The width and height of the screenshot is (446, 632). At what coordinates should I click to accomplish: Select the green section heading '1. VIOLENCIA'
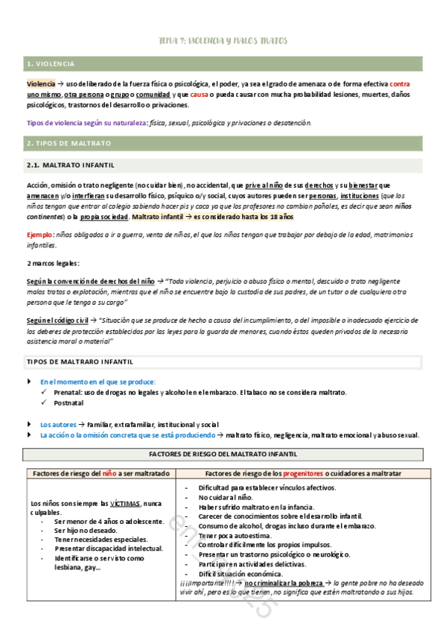coord(49,64)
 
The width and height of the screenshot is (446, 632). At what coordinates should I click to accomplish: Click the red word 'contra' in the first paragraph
coord(400,84)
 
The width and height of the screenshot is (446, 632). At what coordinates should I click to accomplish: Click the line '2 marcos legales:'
coord(54,264)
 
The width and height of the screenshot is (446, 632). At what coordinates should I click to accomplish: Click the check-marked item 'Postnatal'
coord(68,402)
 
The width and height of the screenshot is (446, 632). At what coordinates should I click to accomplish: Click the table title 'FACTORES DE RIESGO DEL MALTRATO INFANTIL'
coord(223,454)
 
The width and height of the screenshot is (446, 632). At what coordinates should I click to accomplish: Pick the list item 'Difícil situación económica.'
coord(245,574)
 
